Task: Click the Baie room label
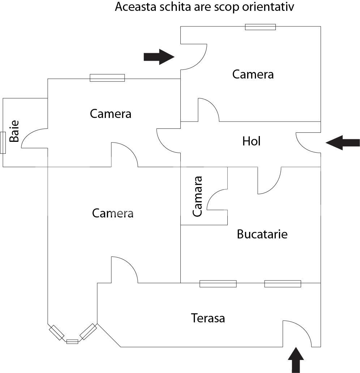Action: [14, 131]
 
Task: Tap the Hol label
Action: [251, 141]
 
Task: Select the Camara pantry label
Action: [197, 196]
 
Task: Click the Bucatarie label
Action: [262, 234]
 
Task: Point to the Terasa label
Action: [208, 318]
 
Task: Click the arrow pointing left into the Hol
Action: [342, 143]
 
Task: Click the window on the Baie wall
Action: [3, 143]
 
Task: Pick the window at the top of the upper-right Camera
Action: [260, 27]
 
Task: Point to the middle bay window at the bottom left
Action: [72, 342]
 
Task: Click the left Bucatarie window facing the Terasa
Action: [218, 284]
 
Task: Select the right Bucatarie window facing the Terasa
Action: [283, 284]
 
